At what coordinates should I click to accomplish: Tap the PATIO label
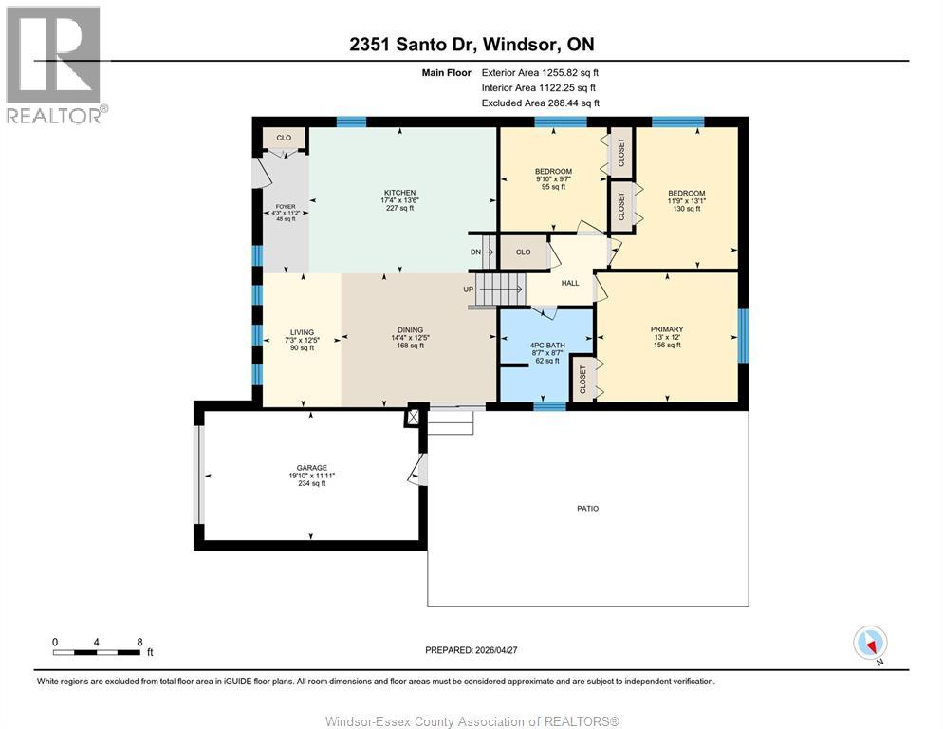588,509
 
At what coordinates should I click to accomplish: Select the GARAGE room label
311,468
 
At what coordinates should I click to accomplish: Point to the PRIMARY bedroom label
667,329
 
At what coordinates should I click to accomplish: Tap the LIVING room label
301,332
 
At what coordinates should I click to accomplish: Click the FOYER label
286,205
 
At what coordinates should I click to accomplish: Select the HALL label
569,283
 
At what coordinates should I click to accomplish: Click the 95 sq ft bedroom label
552,171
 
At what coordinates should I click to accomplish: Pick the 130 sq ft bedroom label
686,193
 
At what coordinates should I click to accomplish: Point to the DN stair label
475,252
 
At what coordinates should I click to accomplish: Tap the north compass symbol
870,643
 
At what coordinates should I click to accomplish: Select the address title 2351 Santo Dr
471,45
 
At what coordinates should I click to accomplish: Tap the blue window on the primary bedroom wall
744,337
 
